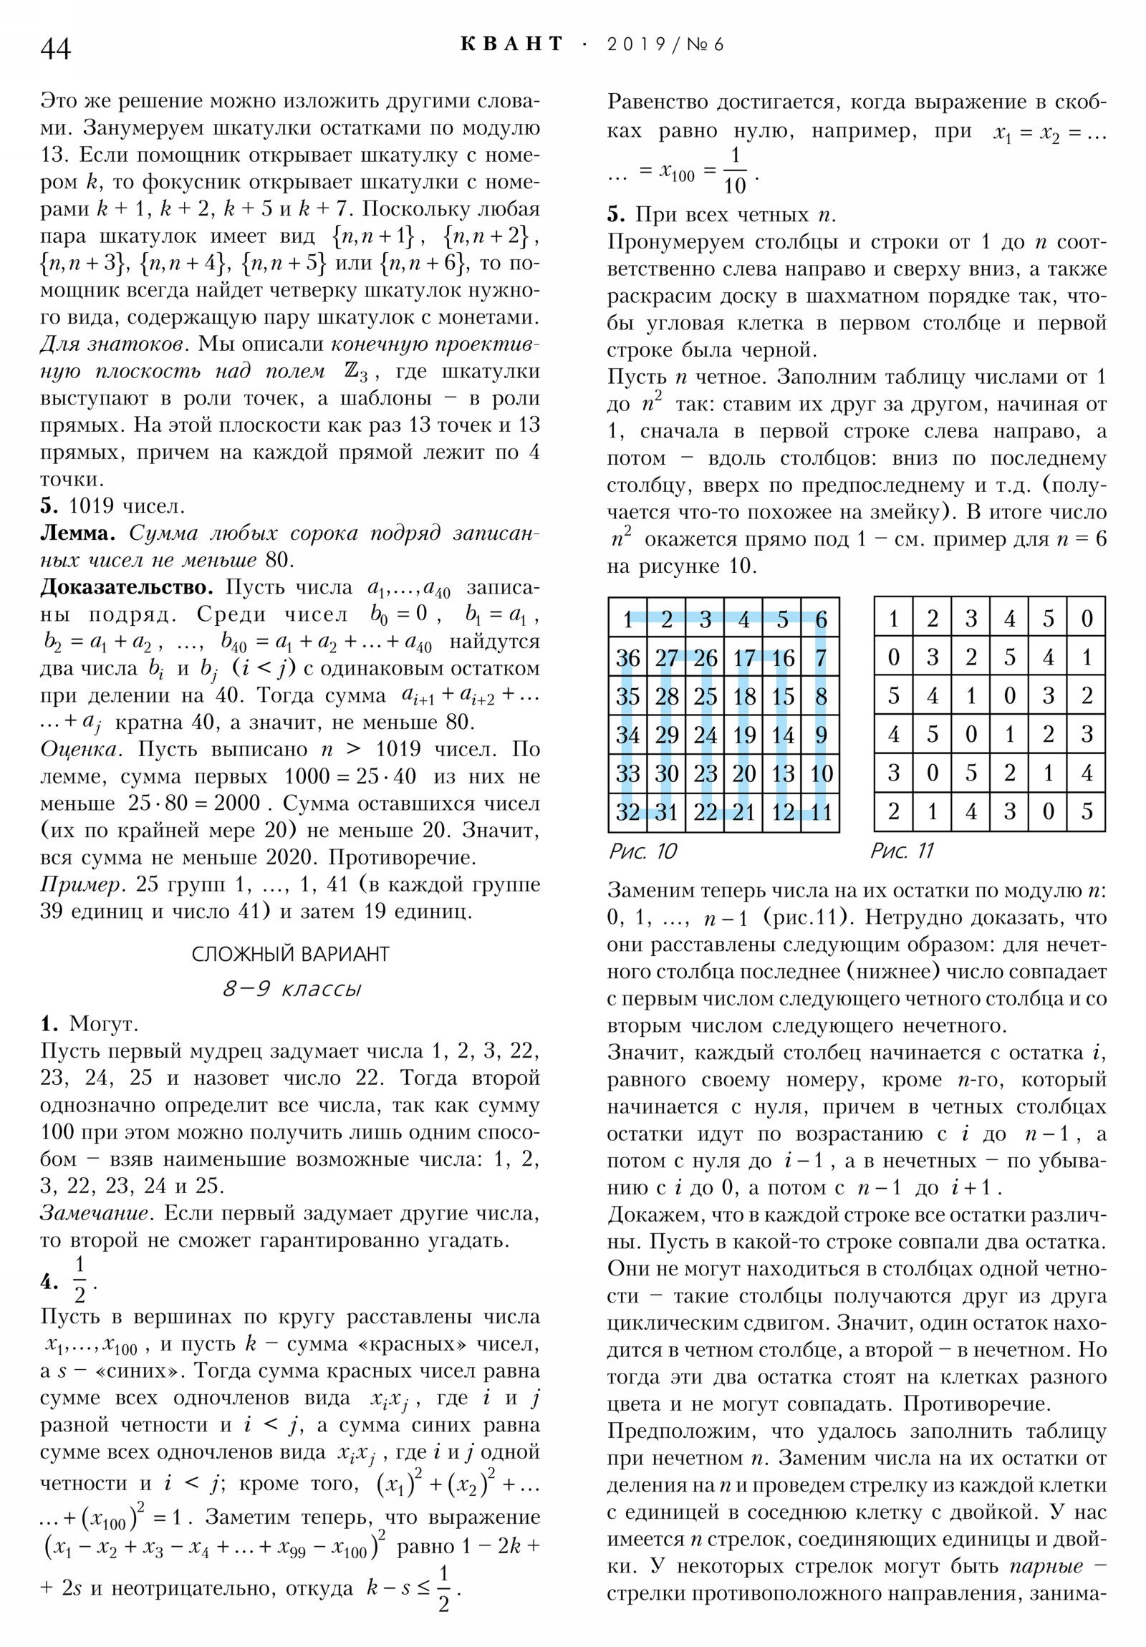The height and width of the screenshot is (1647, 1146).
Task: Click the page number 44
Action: [56, 49]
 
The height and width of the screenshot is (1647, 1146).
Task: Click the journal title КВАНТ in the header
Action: [511, 44]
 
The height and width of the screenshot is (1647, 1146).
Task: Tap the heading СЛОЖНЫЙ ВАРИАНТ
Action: [290, 954]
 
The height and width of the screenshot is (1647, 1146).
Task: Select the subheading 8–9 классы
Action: [292, 989]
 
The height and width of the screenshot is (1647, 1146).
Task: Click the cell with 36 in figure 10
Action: [627, 658]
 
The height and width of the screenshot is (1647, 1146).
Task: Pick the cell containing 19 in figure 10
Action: [743, 735]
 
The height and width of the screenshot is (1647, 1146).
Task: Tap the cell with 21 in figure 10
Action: [743, 812]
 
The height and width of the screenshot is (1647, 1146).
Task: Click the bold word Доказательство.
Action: [126, 586]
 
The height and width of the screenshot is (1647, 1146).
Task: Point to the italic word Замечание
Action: [97, 1213]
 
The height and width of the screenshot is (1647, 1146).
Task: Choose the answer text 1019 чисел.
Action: [126, 506]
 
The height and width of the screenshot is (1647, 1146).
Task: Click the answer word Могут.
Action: [103, 1023]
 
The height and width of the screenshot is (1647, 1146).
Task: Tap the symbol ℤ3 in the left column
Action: [356, 372]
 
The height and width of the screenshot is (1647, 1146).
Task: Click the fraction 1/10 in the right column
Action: [734, 171]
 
